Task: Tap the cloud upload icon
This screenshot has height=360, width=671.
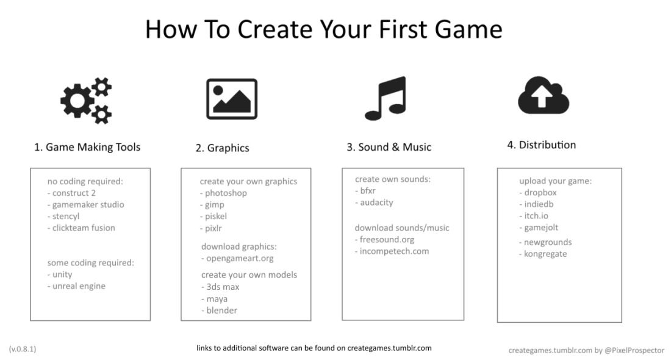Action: pyautogui.click(x=544, y=95)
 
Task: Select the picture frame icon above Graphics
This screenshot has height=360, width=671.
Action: pyautogui.click(x=232, y=99)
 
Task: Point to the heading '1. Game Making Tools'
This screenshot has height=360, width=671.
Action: pyautogui.click(x=87, y=147)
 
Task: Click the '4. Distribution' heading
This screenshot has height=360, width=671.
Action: pyautogui.click(x=541, y=145)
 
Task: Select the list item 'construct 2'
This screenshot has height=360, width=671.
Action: pyautogui.click(x=71, y=193)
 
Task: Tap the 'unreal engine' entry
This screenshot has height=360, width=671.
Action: pyautogui.click(x=76, y=286)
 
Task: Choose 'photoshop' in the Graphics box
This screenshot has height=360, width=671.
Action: pyautogui.click(x=223, y=193)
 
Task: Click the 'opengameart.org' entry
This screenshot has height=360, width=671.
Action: pyautogui.click(x=237, y=259)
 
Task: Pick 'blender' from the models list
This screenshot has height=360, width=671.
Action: pyautogui.click(x=219, y=311)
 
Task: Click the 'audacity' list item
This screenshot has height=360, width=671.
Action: pyautogui.click(x=374, y=203)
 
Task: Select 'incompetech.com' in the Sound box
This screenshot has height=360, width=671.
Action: pyautogui.click(x=392, y=251)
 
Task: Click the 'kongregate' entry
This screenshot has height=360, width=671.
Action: pyautogui.click(x=543, y=254)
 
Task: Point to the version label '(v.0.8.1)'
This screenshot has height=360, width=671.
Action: pyautogui.click(x=23, y=349)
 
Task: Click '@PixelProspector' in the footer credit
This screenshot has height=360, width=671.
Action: pyautogui.click(x=634, y=350)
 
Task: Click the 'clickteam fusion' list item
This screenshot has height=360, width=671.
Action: pyautogui.click(x=81, y=228)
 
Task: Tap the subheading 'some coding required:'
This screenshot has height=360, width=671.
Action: pyautogui.click(x=91, y=263)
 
